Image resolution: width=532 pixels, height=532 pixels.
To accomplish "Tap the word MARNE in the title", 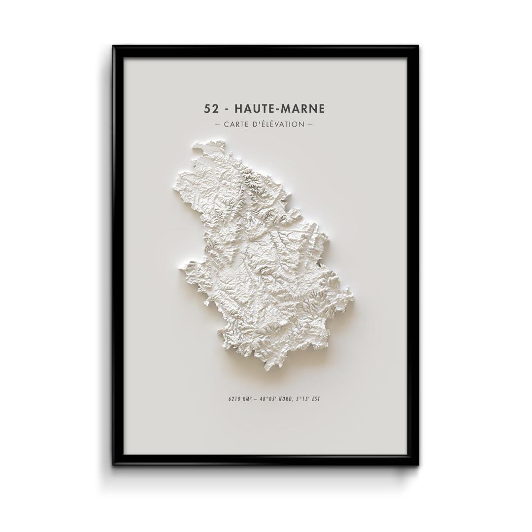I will coord(303,108).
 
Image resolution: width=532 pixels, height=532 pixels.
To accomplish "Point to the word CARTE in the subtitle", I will coord(236,124).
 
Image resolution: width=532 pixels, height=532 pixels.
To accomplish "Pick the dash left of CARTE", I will coord(218,124).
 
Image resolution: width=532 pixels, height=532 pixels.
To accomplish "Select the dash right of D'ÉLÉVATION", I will coord(310,124).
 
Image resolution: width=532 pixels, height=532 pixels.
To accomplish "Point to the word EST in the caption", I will coord(316,399).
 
